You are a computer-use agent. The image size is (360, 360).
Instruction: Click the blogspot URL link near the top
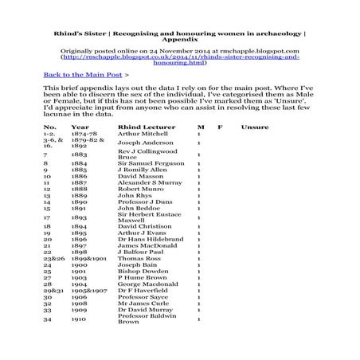(x=181, y=58)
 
